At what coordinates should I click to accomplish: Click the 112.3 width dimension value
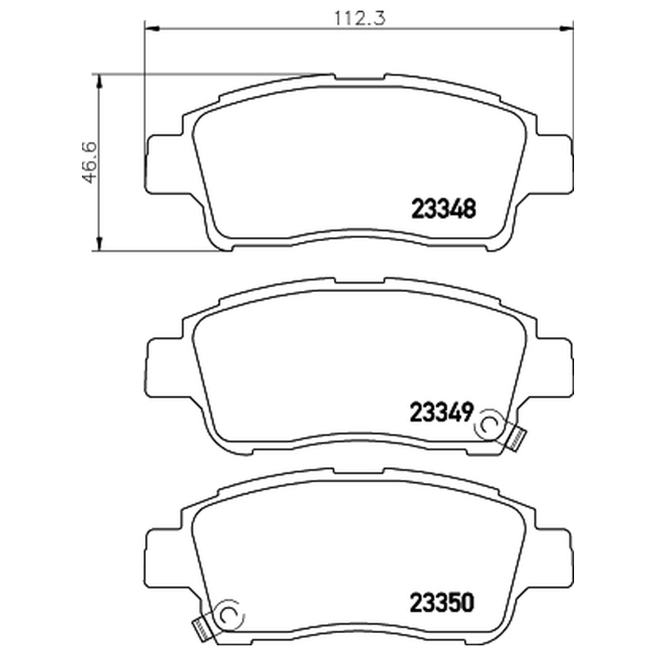pos(359,18)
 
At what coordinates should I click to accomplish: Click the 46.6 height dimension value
pos(89,162)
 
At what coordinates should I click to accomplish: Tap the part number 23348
pos(444,208)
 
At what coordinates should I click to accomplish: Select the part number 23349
pos(441,412)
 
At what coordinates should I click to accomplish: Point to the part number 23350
pos(442,603)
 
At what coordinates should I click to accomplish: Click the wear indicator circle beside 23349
pos(490,426)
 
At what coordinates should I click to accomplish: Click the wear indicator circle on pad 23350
pos(230,614)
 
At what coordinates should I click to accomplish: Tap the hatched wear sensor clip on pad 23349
pos(516,439)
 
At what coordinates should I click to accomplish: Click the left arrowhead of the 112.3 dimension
pos(152,29)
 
